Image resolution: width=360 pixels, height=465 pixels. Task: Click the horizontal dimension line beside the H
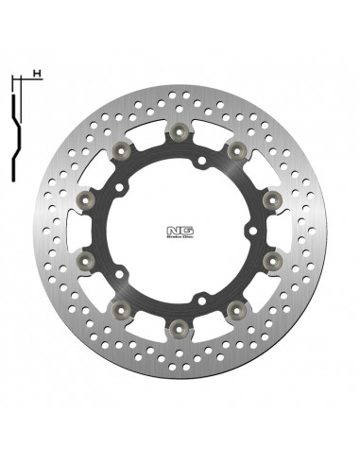26,83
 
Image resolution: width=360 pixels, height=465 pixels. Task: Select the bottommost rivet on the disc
179,327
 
